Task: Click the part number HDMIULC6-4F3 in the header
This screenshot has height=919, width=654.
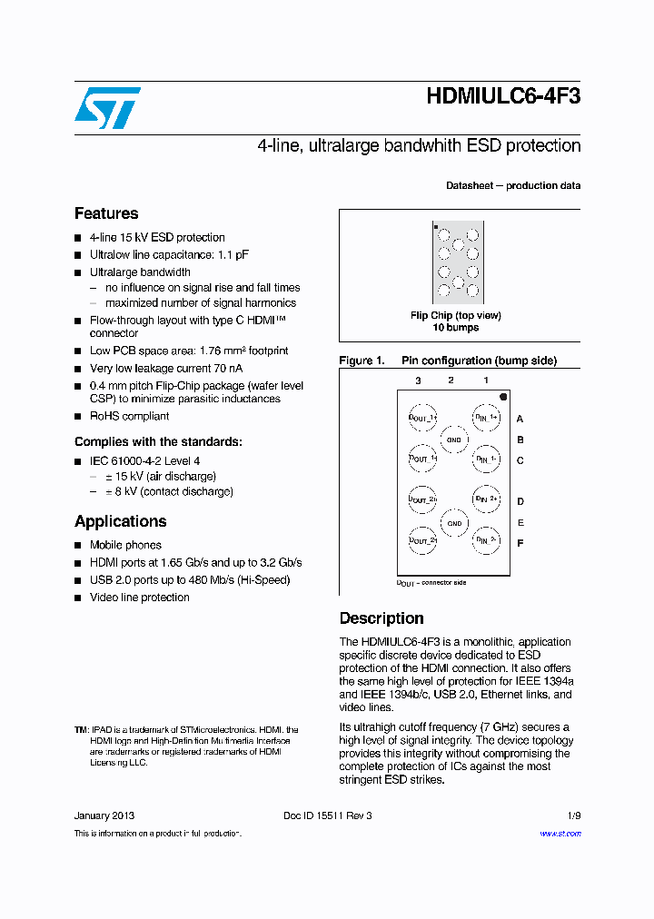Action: tap(502, 96)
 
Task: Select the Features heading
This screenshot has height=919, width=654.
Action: tap(106, 213)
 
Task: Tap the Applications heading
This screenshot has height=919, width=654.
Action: tap(120, 521)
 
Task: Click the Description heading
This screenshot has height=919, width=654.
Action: tap(381, 618)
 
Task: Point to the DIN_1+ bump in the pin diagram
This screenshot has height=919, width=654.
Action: tap(486, 418)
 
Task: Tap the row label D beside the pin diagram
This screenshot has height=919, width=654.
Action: tap(520, 501)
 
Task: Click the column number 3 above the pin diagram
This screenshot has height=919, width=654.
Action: tap(418, 380)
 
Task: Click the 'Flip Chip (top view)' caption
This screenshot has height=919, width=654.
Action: tap(455, 315)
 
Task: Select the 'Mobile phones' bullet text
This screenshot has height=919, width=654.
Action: tap(125, 545)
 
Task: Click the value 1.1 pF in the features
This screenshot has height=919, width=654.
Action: tap(231, 255)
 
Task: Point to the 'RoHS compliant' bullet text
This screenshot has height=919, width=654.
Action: tap(129, 416)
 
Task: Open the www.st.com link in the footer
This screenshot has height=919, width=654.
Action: tap(560, 834)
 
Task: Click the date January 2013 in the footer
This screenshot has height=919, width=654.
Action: tap(104, 815)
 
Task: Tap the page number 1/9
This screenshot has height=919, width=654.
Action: tap(574, 815)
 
